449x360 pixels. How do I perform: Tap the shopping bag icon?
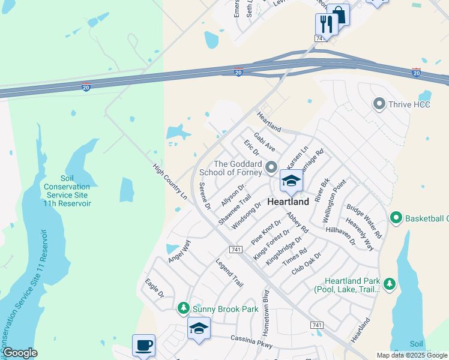pyautogui.click(x=339, y=14)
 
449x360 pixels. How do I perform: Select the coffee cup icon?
pyautogui.click(x=143, y=346)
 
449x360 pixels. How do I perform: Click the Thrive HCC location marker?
pyautogui.click(x=379, y=104)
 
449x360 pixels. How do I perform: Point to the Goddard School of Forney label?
pyautogui.click(x=238, y=168)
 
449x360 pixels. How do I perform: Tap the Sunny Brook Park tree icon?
pyautogui.click(x=184, y=308)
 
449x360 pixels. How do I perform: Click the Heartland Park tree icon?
pyautogui.click(x=390, y=282)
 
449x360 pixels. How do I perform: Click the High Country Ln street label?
pyautogui.click(x=170, y=182)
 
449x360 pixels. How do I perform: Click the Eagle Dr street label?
pyautogui.click(x=154, y=287)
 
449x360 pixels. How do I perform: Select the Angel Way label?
pyautogui.click(x=179, y=250)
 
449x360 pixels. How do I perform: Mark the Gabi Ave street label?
pyautogui.click(x=265, y=143)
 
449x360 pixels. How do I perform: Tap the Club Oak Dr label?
pyautogui.click(x=306, y=263)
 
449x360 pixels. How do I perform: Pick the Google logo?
pyautogui.click(x=20, y=353)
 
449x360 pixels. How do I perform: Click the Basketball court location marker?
pyautogui.click(x=396, y=217)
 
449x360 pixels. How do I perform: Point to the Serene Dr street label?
pyautogui.click(x=205, y=196)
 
